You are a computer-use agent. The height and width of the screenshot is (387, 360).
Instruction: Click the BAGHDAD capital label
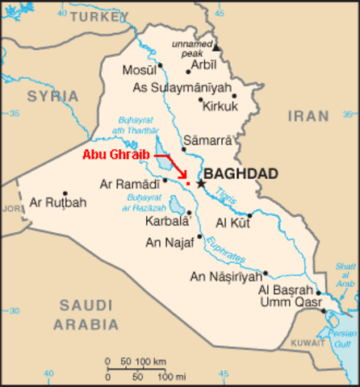(241, 173)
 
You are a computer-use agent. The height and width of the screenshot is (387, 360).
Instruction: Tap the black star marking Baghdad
(201, 184)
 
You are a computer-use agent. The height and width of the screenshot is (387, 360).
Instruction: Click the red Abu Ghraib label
(116, 154)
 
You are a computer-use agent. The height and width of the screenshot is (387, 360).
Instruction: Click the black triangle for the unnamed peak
(216, 48)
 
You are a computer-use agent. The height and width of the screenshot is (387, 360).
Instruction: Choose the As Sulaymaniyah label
(182, 87)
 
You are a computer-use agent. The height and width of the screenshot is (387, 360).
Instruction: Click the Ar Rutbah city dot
(65, 193)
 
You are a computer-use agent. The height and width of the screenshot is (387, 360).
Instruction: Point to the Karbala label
(167, 219)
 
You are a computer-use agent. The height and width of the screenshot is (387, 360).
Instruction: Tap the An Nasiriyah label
(224, 277)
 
